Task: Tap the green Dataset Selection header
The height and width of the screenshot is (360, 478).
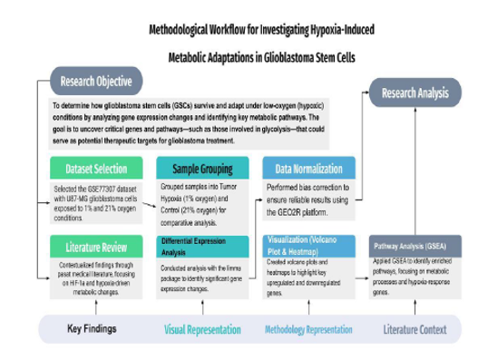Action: tap(95, 169)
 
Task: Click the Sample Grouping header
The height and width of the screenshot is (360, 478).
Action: tap(202, 169)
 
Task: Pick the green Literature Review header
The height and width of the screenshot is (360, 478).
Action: tap(95, 246)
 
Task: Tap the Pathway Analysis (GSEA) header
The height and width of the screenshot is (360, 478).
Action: tap(410, 246)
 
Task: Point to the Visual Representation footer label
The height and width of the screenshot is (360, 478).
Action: tap(204, 330)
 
